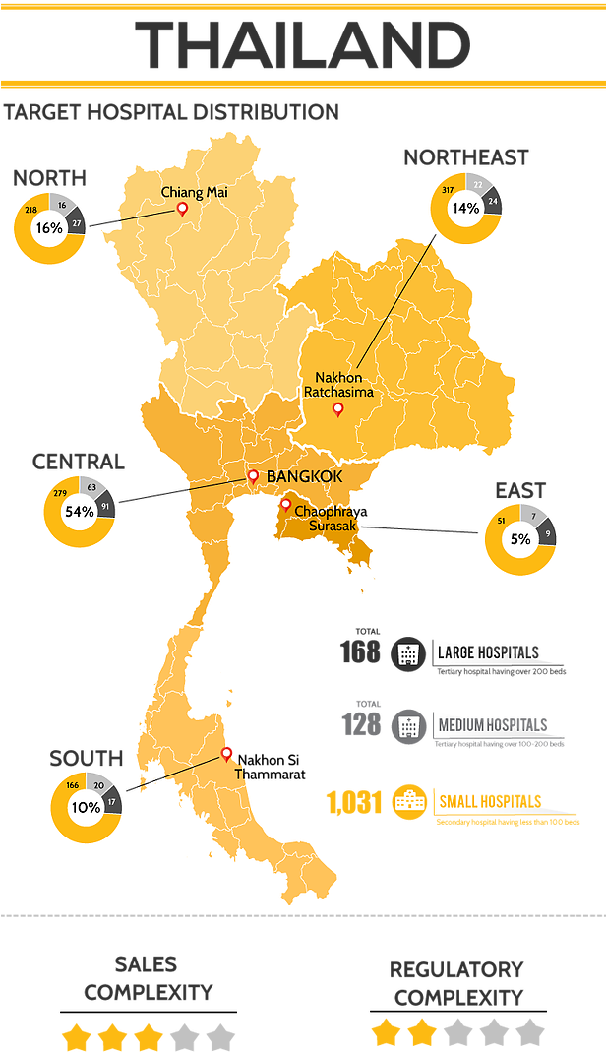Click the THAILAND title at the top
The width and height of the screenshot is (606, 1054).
pos(302,44)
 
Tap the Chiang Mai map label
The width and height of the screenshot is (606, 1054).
pos(194,192)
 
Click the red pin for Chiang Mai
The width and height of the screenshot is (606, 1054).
pos(181,209)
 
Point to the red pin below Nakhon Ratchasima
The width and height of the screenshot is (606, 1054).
pos(337,409)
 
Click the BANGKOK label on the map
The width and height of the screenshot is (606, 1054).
pos(304,476)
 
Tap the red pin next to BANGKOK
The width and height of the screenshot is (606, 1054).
pos(253,477)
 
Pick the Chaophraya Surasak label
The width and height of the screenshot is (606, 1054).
pos(324,519)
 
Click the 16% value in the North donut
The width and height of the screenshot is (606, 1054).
pos(48,227)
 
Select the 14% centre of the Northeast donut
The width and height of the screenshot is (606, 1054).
pos(465,208)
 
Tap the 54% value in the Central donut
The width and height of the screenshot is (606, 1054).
pos(79,511)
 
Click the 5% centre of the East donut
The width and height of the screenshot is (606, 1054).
pos(519,538)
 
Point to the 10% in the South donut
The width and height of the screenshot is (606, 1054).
pos(86,806)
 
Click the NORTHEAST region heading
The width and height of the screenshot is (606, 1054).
pos(465,156)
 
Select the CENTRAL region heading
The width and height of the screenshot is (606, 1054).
pos(79,462)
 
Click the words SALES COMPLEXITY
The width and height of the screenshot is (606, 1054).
pos(148,977)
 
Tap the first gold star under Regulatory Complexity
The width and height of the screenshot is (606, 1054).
pos(386,1032)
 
